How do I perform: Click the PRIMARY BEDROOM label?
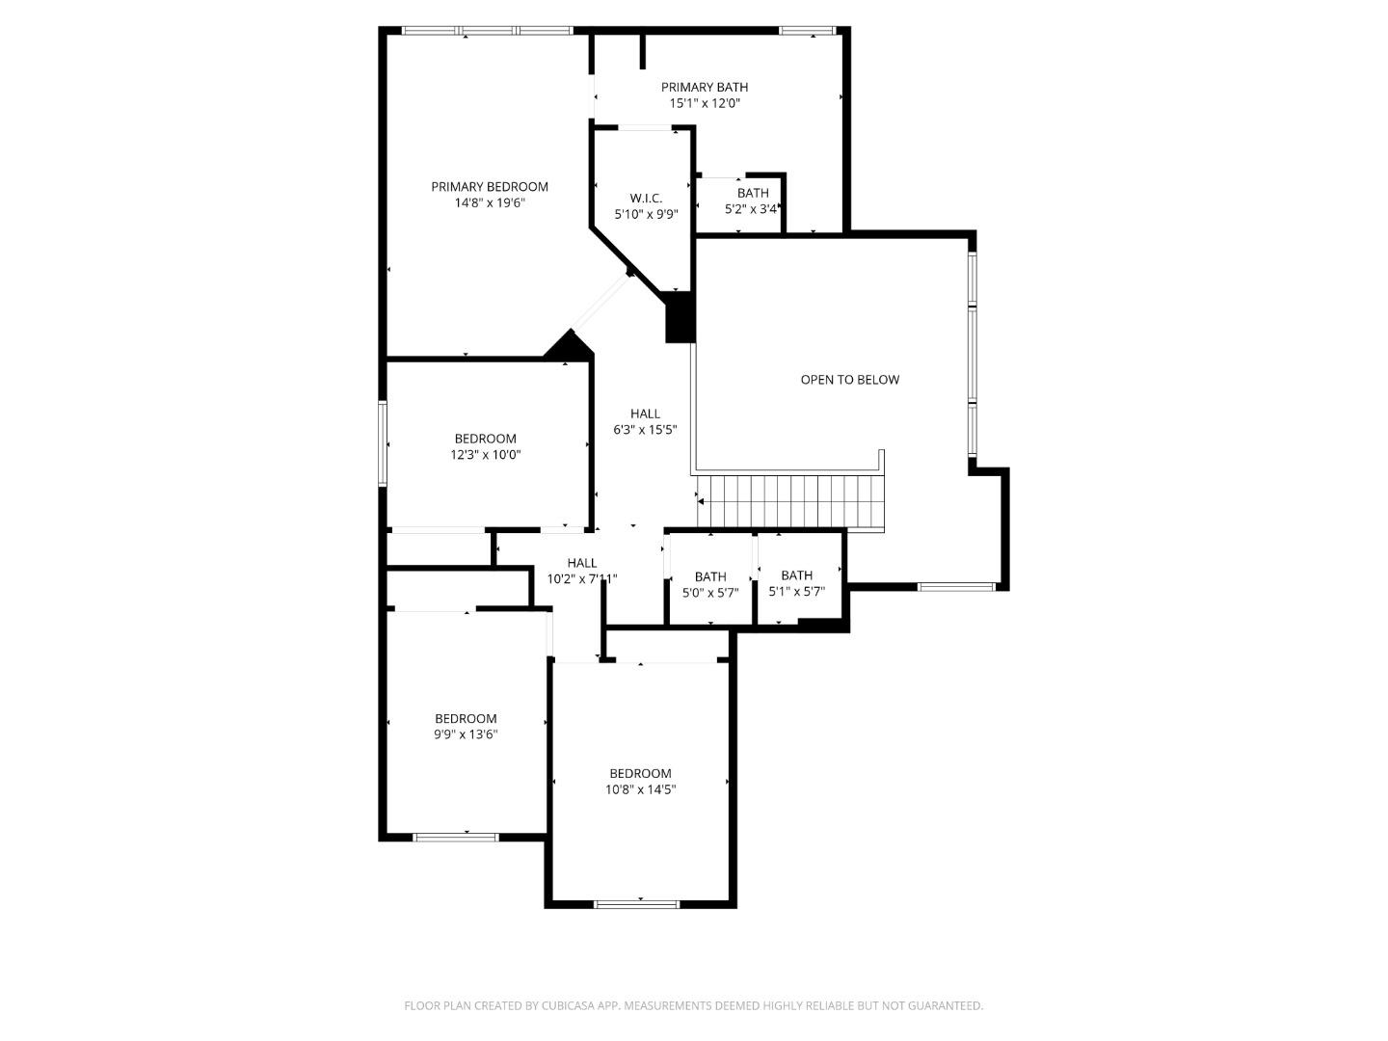489,187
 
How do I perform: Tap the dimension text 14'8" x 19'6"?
489,203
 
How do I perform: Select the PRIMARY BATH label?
704,88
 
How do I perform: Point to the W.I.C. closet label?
646,199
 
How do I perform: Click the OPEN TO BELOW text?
849,380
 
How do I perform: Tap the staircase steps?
790,501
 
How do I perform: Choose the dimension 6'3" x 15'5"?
645,430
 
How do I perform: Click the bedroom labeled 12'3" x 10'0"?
485,446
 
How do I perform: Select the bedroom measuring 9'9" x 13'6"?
466,726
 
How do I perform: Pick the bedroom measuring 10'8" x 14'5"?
640,781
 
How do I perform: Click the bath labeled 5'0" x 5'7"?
710,585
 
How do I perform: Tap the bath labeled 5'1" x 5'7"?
796,584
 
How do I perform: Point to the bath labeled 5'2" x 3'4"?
753,200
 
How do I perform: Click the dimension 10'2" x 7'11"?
581,579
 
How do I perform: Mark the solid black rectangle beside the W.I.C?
680,317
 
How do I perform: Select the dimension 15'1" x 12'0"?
704,103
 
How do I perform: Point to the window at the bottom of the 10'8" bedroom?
636,904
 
